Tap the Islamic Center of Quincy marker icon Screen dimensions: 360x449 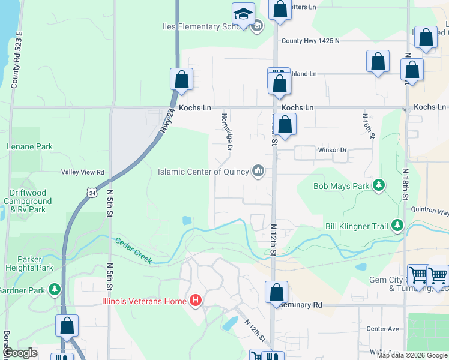point(259,172)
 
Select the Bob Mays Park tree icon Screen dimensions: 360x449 point(379,186)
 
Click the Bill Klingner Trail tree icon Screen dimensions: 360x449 point(397,226)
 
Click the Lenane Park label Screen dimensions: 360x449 point(30,146)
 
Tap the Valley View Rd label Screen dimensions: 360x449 point(83,172)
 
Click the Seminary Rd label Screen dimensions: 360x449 point(301,305)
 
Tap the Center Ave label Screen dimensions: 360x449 point(382,329)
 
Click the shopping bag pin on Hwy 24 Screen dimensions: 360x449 point(181,79)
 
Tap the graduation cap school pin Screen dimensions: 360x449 point(243,13)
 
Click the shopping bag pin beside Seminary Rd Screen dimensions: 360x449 point(276,292)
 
